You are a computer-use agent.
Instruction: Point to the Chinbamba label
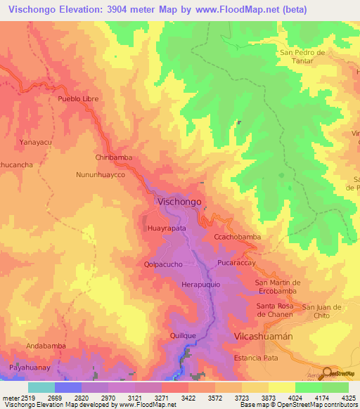coord(114,158)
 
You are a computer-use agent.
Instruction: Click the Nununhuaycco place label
coord(104,173)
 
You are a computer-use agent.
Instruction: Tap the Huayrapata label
coord(167,229)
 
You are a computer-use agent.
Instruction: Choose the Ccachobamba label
coord(237,238)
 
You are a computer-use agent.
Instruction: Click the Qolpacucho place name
coord(164,265)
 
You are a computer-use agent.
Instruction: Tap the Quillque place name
coord(183,336)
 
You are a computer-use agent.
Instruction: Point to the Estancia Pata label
coord(257,358)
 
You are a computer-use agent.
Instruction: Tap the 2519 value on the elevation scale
coord(27,398)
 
